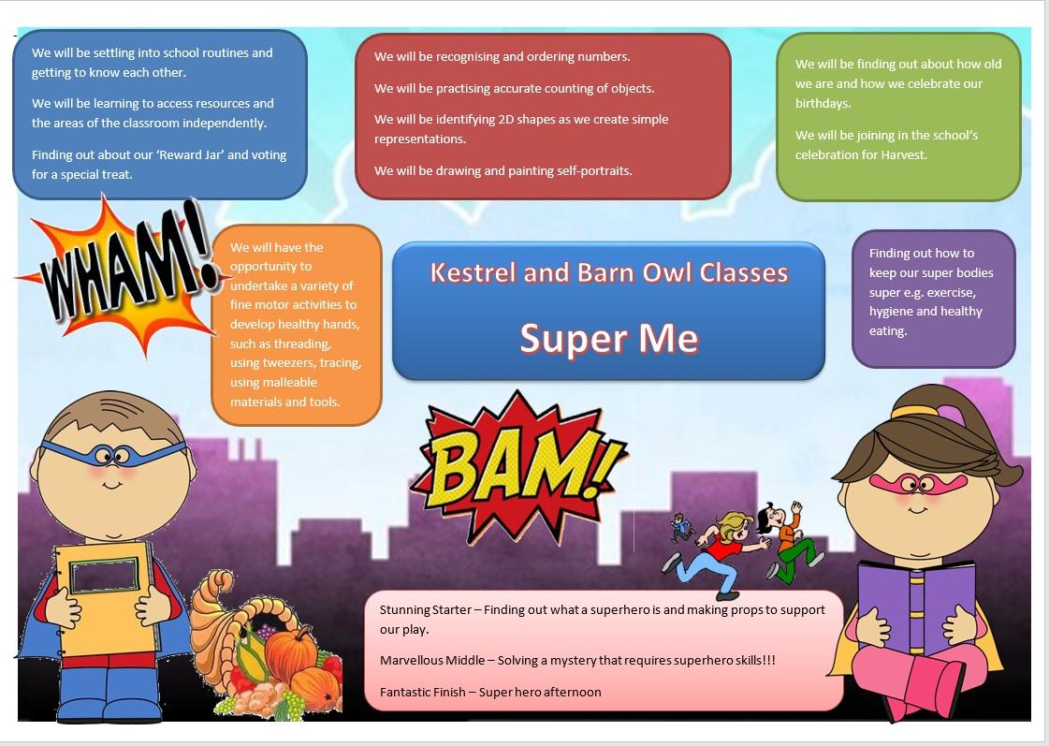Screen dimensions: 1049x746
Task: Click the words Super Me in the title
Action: tap(609, 338)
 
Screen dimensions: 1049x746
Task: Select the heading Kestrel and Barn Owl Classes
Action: tap(609, 273)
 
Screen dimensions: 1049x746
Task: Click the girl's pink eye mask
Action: tap(918, 483)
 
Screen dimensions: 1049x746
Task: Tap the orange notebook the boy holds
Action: tap(107, 599)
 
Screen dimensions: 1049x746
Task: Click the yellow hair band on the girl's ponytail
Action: tap(914, 411)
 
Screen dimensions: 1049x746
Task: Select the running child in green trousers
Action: tap(793, 542)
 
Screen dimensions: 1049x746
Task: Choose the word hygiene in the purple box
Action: tap(890, 312)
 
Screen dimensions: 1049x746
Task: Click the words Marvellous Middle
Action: tap(432, 661)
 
